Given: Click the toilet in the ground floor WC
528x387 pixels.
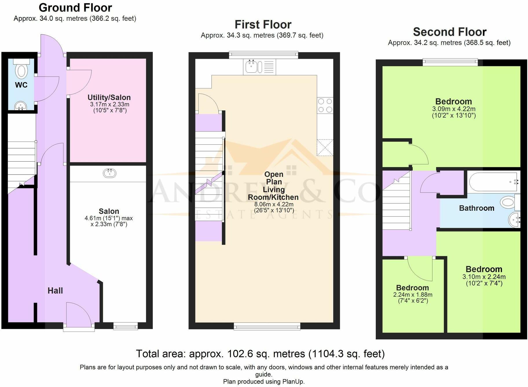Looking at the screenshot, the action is coord(21,68).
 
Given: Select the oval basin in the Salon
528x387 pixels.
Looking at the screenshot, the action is coord(110,173).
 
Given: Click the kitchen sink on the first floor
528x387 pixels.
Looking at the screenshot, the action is coord(259,67).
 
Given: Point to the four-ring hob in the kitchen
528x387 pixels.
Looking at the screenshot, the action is coord(325,105).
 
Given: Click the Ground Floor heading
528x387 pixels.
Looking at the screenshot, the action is coord(75,8).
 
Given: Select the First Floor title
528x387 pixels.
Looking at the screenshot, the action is coord(263,25).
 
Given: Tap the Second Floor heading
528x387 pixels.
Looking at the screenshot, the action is coord(450,32).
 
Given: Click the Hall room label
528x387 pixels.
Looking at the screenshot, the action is coord(55,291).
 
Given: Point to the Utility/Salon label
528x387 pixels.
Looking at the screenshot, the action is coord(109,98).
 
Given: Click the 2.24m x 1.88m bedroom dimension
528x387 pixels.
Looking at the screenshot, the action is coord(413,295).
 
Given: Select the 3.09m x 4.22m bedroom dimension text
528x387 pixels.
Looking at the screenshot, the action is coord(454,109).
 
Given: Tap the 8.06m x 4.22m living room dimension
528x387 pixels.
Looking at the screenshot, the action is coord(274,204).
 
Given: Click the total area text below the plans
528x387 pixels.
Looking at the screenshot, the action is coord(260,354).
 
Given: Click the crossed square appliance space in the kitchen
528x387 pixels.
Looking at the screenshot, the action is coord(325,148).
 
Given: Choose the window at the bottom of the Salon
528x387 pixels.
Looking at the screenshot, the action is coord(125,326).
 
